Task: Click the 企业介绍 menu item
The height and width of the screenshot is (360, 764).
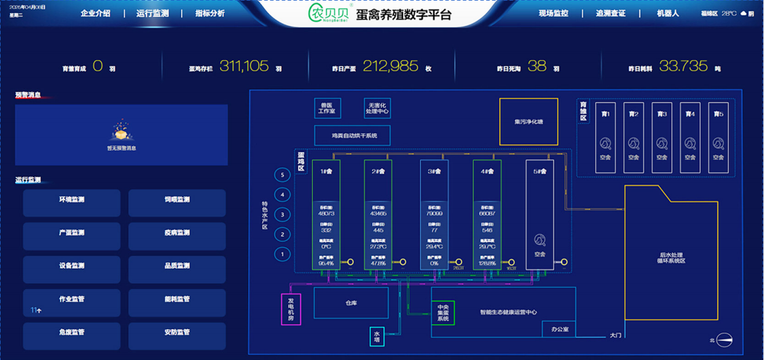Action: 95,13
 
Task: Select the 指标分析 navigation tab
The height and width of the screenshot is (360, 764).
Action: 210,13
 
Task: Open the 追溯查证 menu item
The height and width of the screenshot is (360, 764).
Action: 611,13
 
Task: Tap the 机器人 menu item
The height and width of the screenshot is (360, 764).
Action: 668,13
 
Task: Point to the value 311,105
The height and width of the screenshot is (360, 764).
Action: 244,67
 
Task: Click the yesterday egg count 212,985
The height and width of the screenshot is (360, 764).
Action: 390,67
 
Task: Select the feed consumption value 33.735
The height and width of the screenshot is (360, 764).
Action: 683,67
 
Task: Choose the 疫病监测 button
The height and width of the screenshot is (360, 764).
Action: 177,233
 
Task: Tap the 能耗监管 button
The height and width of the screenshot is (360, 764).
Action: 177,299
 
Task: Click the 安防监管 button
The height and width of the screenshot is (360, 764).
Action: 177,333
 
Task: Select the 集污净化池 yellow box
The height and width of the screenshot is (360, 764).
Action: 529,122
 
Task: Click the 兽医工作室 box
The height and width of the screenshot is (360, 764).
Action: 328,108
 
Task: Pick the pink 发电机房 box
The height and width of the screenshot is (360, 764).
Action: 291,309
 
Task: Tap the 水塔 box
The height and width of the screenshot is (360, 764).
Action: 377,336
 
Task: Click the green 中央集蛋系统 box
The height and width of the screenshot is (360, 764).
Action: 443,313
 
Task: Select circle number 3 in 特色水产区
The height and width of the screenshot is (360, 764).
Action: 282,215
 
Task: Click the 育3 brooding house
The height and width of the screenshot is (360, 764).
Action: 662,138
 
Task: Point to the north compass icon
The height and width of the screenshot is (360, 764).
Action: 724,340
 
